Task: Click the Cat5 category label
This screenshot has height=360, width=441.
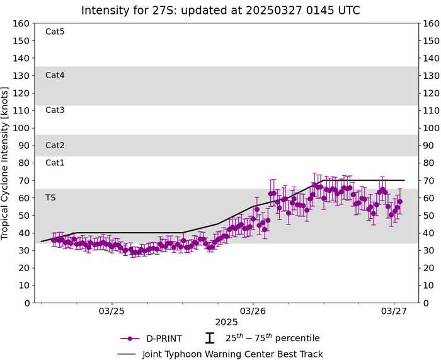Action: (55, 32)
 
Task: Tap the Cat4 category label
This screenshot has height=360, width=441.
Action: (55, 75)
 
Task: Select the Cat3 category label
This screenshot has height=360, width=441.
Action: (55, 110)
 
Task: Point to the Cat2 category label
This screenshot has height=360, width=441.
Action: (55, 145)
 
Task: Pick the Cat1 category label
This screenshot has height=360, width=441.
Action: (55, 163)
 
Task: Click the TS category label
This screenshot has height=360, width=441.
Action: (51, 197)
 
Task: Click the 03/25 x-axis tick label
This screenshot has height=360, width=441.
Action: (112, 311)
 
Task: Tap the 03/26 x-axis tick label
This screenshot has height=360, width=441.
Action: (253, 311)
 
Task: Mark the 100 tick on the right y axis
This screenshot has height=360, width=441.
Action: (431, 128)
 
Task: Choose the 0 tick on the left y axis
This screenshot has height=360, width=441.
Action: (27, 303)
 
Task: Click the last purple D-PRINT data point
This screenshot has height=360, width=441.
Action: (399, 202)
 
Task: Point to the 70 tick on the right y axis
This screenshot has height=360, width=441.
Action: (428, 180)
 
